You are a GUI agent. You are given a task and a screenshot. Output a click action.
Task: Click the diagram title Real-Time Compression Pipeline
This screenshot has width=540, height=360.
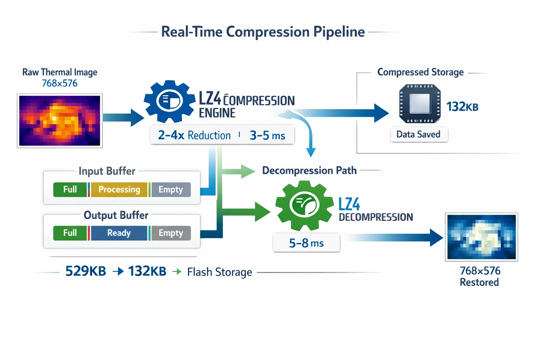pyautogui.click(x=263, y=32)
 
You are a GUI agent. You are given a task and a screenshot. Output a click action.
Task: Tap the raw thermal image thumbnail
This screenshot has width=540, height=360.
pyautogui.click(x=60, y=121)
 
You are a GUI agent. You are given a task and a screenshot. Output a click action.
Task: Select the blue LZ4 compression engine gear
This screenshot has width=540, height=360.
pyautogui.click(x=169, y=101)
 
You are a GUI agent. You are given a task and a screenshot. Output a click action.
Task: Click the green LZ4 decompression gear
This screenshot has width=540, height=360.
pyautogui.click(x=304, y=205)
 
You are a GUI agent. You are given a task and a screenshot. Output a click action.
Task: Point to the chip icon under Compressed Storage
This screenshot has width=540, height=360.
pyautogui.click(x=420, y=104)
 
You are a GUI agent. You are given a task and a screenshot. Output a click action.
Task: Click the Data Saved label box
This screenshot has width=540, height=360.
pyautogui.click(x=419, y=134)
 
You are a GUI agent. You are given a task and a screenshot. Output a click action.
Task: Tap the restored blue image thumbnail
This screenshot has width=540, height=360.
pyautogui.click(x=481, y=237)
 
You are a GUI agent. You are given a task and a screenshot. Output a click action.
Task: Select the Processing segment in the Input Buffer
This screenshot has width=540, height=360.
pyautogui.click(x=119, y=189)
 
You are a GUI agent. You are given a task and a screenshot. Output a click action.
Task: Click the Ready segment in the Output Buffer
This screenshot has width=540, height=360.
pyautogui.click(x=119, y=233)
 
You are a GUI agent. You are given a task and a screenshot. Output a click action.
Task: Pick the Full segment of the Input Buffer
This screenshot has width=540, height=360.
pyautogui.click(x=70, y=189)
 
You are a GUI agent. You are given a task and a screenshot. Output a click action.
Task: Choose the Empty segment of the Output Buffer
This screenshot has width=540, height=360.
pyautogui.click(x=171, y=233)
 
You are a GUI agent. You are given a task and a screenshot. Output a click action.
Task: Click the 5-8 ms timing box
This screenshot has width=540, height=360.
pyautogui.click(x=306, y=243)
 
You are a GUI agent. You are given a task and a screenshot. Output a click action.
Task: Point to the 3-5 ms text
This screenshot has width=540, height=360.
pyautogui.click(x=268, y=135)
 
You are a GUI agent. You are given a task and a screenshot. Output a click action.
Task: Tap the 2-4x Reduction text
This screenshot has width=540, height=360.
pyautogui.click(x=194, y=135)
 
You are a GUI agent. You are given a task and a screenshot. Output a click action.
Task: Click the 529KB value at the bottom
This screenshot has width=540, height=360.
pyautogui.click(x=86, y=271)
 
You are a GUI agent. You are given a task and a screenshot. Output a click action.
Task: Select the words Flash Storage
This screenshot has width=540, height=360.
pyautogui.click(x=219, y=272)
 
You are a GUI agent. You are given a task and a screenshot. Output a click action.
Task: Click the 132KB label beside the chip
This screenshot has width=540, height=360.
pyautogui.click(x=462, y=107)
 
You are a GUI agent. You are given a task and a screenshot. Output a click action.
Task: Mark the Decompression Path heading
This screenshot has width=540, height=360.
pyautogui.click(x=309, y=171)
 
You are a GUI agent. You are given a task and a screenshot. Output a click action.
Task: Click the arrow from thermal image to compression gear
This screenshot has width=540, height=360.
pyautogui.click(x=123, y=117)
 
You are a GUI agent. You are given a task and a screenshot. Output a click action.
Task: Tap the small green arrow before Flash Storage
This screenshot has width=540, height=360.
pyautogui.click(x=177, y=271)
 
